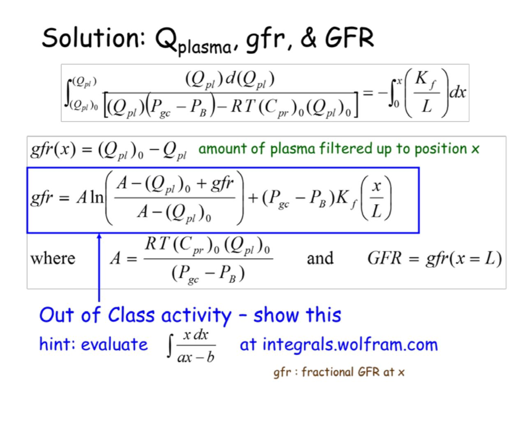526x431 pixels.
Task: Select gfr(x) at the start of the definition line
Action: tap(50, 150)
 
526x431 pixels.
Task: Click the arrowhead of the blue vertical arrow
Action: tap(99, 237)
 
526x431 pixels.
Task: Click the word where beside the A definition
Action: tap(52, 258)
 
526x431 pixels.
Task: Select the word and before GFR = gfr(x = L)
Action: tap(320, 258)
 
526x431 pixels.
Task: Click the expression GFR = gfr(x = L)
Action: tap(434, 258)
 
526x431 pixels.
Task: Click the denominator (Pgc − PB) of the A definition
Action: tap(208, 273)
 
